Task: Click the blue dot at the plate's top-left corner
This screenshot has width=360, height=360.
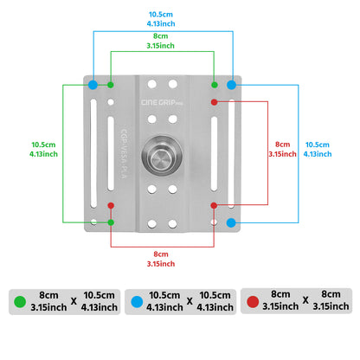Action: [x=93, y=85]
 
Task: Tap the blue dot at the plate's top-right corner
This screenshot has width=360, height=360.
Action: [x=231, y=85]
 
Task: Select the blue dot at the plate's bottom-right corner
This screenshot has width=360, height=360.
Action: [x=231, y=222]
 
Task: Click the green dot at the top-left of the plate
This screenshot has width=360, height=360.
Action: [x=111, y=85]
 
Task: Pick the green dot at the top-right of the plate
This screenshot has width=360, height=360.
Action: [x=215, y=85]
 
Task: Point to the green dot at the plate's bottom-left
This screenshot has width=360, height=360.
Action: [x=111, y=222]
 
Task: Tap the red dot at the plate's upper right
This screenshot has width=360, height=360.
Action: [x=215, y=102]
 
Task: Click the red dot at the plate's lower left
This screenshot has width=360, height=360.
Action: [x=111, y=205]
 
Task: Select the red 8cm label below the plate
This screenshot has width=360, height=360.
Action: [x=162, y=258]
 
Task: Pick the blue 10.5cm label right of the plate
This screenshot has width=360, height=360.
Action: [x=317, y=150]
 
